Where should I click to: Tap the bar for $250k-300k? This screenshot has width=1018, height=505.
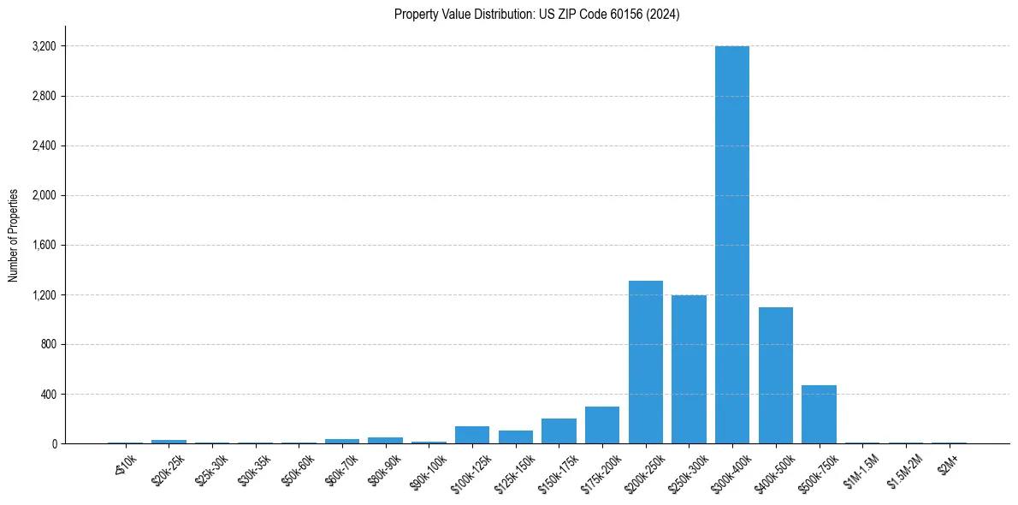click(x=689, y=369)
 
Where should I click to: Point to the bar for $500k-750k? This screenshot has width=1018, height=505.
click(x=819, y=414)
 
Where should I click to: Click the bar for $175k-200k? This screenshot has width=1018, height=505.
click(x=602, y=425)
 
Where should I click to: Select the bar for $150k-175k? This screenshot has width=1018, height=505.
click(x=559, y=431)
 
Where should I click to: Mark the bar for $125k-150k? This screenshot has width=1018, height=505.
click(x=516, y=437)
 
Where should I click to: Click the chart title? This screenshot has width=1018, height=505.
click(x=537, y=15)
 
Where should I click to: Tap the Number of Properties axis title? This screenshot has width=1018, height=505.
click(x=14, y=235)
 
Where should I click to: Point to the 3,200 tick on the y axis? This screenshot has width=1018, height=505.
click(x=43, y=46)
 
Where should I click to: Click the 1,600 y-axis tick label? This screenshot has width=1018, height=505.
click(x=43, y=245)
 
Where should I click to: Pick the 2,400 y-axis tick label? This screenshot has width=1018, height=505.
click(x=43, y=146)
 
